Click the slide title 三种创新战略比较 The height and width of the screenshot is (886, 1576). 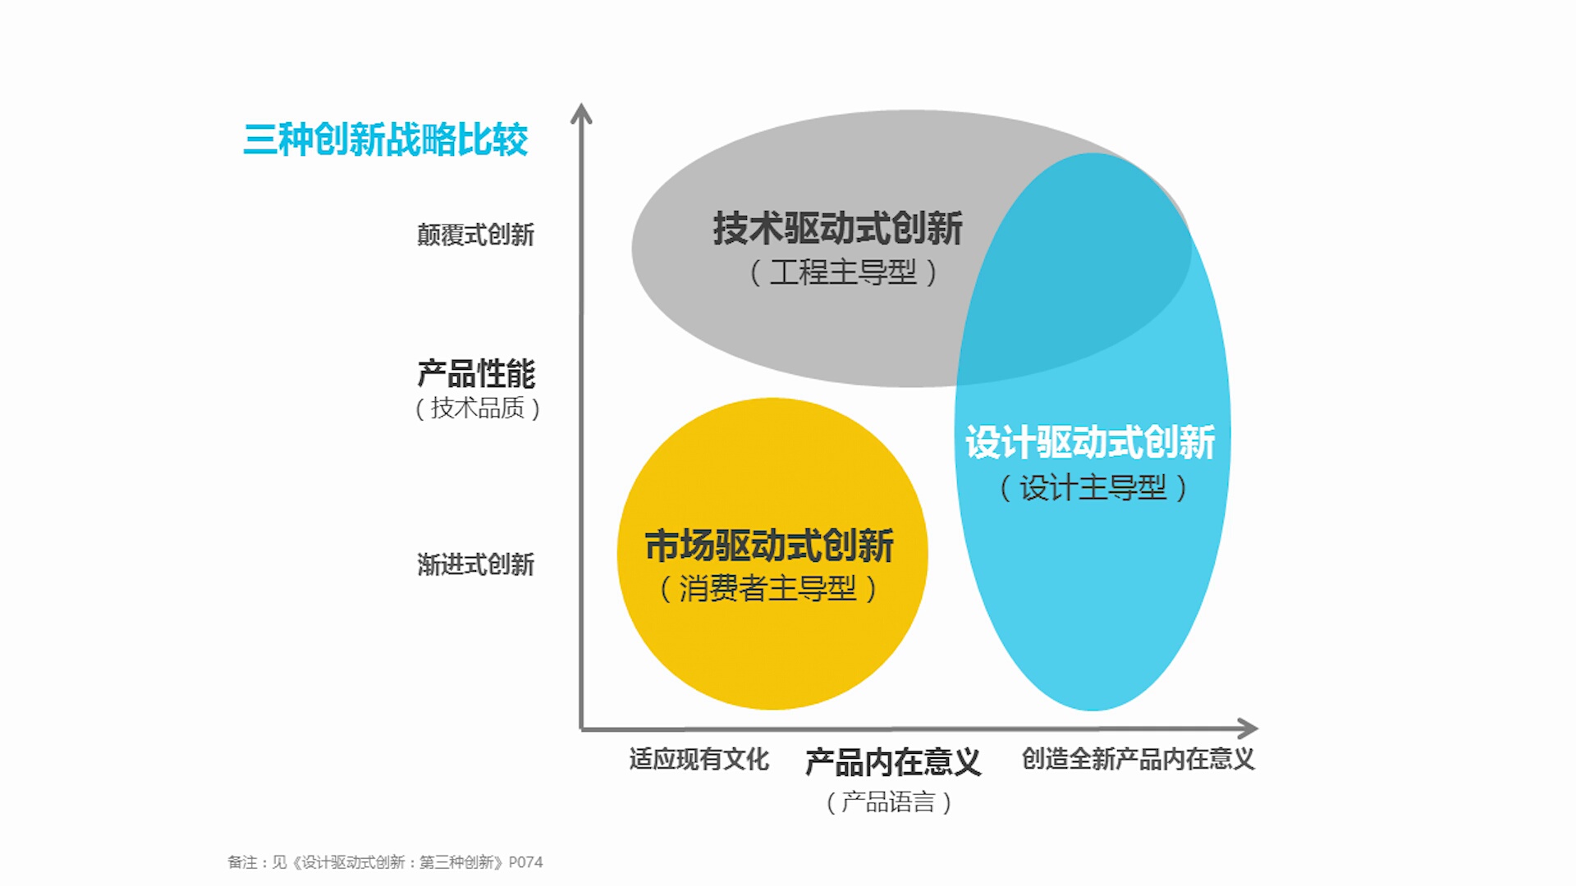(x=385, y=139)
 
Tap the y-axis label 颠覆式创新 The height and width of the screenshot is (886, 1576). (x=475, y=235)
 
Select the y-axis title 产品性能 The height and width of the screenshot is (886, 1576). (x=476, y=374)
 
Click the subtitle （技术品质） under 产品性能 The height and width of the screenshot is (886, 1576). (x=477, y=408)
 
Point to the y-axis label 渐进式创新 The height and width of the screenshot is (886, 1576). (x=475, y=564)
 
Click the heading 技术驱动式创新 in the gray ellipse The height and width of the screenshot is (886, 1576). (x=837, y=228)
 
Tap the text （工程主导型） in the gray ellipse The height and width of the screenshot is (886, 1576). (x=843, y=272)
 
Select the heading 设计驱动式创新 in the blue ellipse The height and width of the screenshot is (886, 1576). (x=1090, y=443)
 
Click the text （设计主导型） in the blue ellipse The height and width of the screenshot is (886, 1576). (x=1093, y=488)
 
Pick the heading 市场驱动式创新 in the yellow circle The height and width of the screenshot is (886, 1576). (x=769, y=546)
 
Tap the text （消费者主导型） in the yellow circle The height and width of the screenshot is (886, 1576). (x=768, y=588)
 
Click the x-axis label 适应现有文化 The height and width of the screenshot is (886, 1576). (x=699, y=760)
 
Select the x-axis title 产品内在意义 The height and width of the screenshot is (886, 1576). (x=892, y=763)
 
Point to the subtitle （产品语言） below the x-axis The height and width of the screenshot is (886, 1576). (x=888, y=802)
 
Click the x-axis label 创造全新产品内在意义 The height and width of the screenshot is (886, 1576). (x=1138, y=760)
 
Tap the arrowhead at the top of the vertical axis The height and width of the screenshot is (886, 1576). (x=581, y=113)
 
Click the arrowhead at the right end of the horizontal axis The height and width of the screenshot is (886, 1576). (x=1248, y=728)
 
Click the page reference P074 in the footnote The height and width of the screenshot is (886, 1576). (x=525, y=862)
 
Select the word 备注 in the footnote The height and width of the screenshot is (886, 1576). (x=241, y=862)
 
